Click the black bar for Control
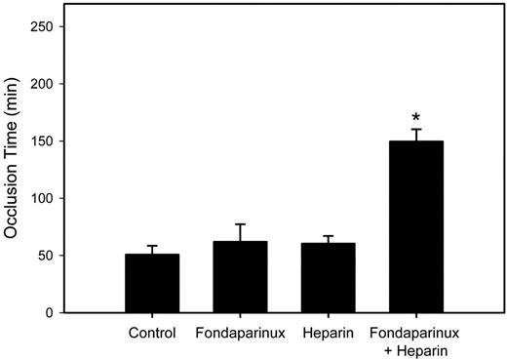(x=152, y=283)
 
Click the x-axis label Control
(x=152, y=333)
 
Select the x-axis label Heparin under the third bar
(x=329, y=333)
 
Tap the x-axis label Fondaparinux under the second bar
(x=240, y=333)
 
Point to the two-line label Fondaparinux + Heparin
(x=416, y=340)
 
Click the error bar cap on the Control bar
(x=152, y=246)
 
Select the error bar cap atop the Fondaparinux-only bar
(x=240, y=224)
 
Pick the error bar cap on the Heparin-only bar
(x=329, y=236)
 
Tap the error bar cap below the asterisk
(x=416, y=129)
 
